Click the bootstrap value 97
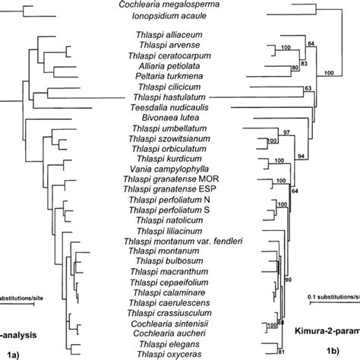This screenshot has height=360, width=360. point(288,133)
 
